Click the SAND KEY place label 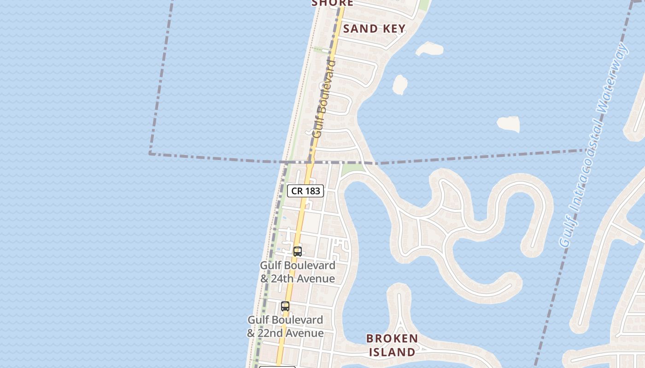pos(374,29)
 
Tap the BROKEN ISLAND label pos(392,345)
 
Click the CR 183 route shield pos(305,190)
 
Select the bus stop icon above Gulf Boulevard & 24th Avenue pos(298,252)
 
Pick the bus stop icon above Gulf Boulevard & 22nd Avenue pos(285,306)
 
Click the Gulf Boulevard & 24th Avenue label pos(298,272)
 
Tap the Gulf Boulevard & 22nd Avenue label pos(285,326)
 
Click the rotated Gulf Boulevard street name pos(324,99)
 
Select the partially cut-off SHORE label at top pos(332,3)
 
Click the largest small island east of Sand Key pos(508,124)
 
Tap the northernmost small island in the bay pos(429,48)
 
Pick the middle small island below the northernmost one pos(399,85)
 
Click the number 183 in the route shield pos(312,190)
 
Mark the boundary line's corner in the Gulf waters pos(150,153)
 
